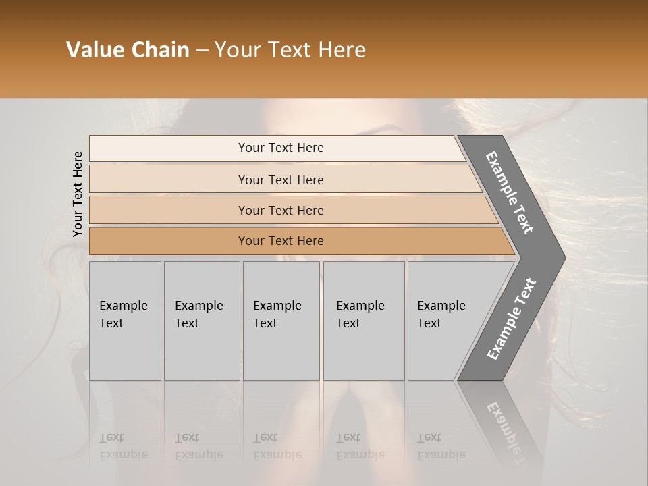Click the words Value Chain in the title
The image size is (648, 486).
(x=128, y=50)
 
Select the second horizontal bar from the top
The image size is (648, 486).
(x=281, y=180)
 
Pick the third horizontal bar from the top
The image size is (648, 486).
(x=281, y=210)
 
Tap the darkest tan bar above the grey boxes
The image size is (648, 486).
(x=281, y=241)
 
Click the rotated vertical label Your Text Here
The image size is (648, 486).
(x=78, y=194)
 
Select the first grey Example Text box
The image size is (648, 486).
(x=125, y=321)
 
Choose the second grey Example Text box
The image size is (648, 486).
(x=202, y=321)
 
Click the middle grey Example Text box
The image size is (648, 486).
(x=281, y=321)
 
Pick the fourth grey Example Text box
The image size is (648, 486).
(x=364, y=321)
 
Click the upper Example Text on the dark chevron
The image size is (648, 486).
(x=510, y=192)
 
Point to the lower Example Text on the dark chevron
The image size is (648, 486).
(x=511, y=319)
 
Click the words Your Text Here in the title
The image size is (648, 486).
(x=290, y=50)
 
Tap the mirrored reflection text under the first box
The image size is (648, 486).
(x=124, y=446)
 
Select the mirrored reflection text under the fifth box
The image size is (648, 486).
(x=441, y=446)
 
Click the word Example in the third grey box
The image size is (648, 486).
(x=277, y=306)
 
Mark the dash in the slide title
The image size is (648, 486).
(x=202, y=50)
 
